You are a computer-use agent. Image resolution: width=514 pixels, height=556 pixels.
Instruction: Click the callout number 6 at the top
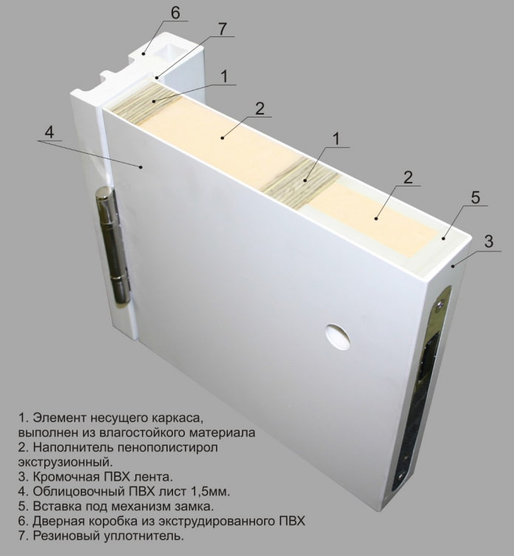tap(175, 13)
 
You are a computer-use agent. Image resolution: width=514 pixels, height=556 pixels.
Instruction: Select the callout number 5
tap(475, 197)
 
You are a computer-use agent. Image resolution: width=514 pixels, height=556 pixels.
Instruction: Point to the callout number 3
tap(489, 241)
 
